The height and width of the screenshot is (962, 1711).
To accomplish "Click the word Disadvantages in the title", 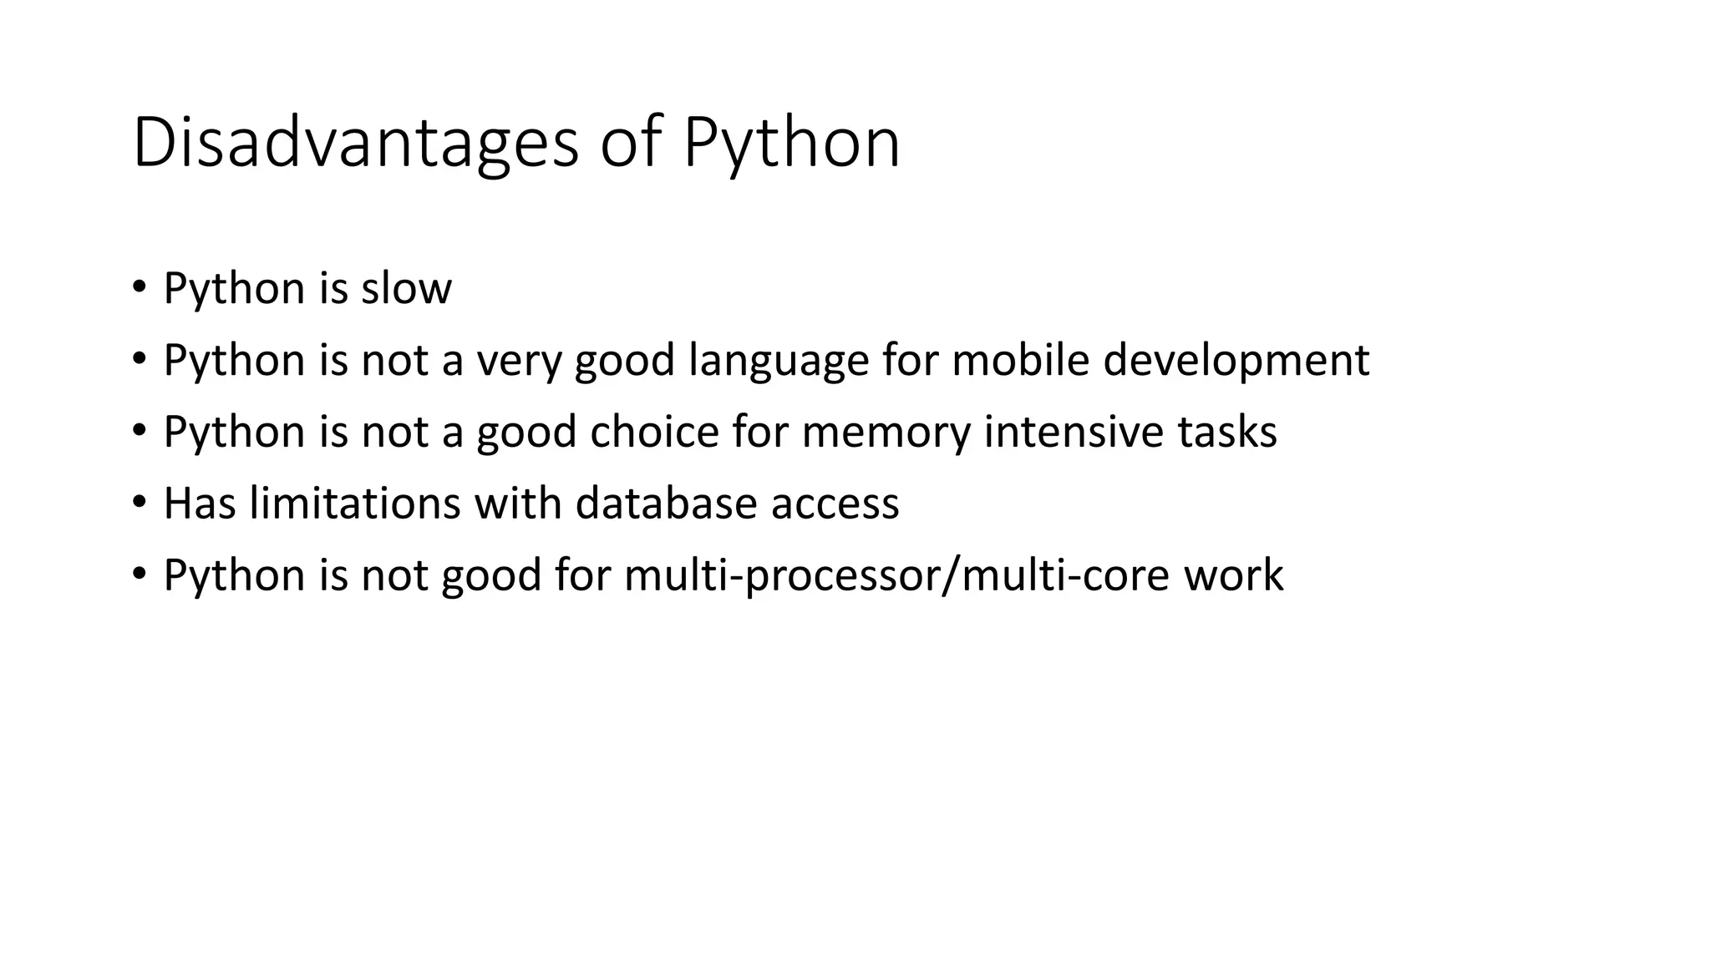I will (355, 143).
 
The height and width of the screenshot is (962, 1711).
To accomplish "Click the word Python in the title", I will (791, 143).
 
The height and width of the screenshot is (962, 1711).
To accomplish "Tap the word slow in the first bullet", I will (406, 288).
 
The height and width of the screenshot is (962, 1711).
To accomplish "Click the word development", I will (1236, 360).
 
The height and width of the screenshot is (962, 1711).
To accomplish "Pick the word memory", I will (886, 432).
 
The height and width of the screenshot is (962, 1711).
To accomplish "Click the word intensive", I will (1073, 432).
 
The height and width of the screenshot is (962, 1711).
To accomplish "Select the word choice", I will (654, 432).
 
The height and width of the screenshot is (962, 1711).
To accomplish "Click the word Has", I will (200, 504).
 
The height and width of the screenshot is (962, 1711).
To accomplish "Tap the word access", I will (835, 504).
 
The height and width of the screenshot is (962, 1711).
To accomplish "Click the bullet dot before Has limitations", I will (139, 504).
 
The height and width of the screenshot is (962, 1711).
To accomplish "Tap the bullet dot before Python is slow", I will (139, 288).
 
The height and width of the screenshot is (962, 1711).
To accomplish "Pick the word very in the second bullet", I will (519, 360).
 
